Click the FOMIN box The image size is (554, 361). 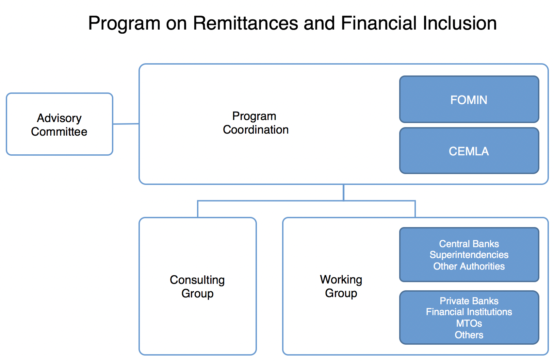(x=469, y=99)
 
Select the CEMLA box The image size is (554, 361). (x=469, y=151)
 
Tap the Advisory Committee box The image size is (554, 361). (x=59, y=124)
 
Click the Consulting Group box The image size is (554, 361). (x=198, y=286)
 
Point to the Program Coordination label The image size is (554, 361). (x=256, y=123)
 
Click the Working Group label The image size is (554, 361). (x=341, y=286)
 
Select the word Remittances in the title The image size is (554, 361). (x=245, y=23)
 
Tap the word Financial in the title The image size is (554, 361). (x=379, y=23)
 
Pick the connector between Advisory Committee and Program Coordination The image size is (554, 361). (x=126, y=124)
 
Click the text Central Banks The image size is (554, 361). (x=469, y=244)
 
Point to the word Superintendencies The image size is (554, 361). (x=469, y=255)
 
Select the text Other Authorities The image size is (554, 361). (x=469, y=266)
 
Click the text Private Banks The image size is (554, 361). (x=469, y=301)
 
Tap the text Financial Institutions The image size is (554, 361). (x=469, y=312)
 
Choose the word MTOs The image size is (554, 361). (x=469, y=323)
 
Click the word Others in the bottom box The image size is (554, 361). (x=469, y=335)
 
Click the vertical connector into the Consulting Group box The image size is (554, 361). (x=198, y=209)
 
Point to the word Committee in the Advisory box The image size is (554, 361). (x=59, y=132)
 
